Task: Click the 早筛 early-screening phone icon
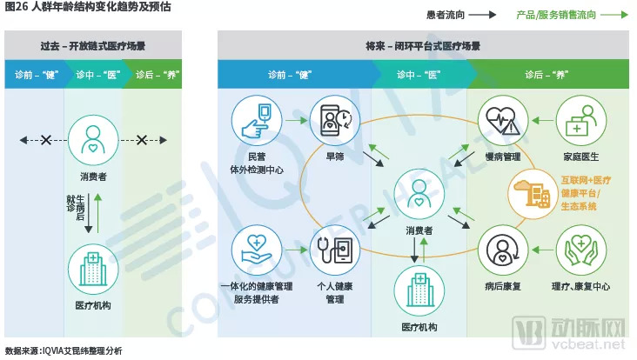click(335, 121)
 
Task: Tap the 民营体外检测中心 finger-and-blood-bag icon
click(257, 121)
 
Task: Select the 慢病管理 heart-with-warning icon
click(503, 121)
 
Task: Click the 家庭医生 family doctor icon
click(581, 121)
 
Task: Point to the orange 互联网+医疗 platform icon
click(533, 194)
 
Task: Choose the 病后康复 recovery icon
click(503, 250)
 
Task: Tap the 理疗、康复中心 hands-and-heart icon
click(581, 250)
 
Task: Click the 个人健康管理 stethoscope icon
click(335, 250)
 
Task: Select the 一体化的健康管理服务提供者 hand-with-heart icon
click(257, 250)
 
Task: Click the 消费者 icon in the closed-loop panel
click(419, 194)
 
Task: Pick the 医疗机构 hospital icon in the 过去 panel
click(93, 269)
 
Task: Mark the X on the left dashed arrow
click(46, 140)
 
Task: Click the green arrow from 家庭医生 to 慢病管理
click(542, 121)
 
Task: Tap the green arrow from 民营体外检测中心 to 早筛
click(296, 121)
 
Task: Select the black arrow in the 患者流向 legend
click(482, 15)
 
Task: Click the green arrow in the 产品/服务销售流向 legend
click(614, 15)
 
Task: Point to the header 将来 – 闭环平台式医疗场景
click(423, 46)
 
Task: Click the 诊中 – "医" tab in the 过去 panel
click(98, 75)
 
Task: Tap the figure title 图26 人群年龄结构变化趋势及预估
click(88, 7)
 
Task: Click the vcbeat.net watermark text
click(588, 344)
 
